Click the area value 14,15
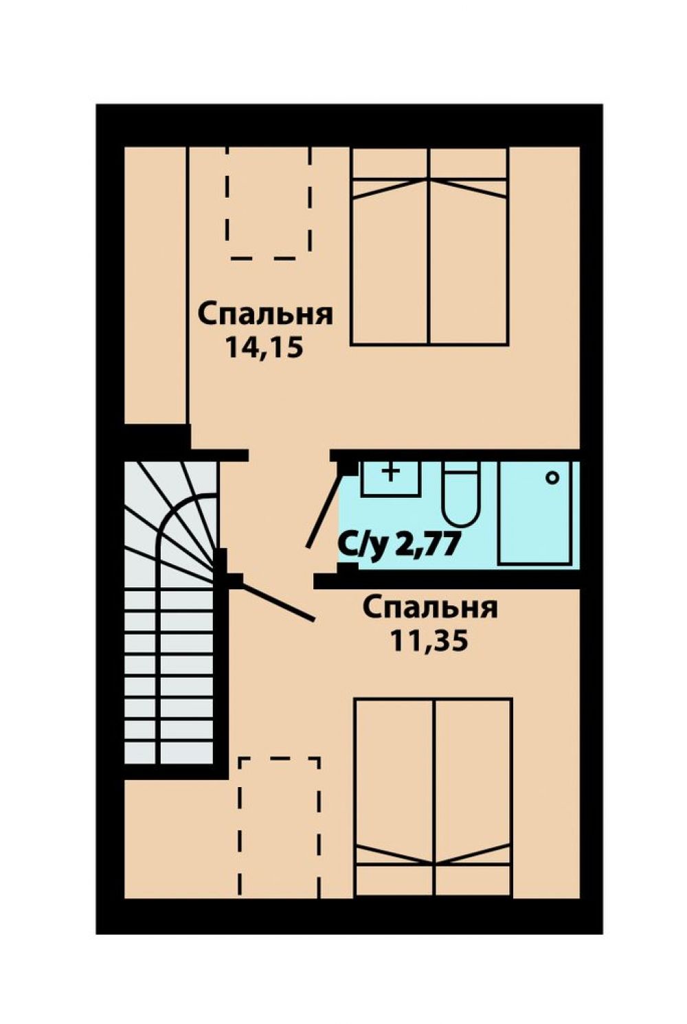click(x=264, y=348)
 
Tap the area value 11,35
click(x=429, y=641)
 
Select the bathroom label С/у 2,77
click(x=398, y=546)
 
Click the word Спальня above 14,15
click(x=265, y=315)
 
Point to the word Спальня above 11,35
click(x=430, y=608)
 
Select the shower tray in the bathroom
click(x=534, y=512)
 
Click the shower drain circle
click(x=552, y=478)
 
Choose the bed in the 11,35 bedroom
click(x=433, y=797)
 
